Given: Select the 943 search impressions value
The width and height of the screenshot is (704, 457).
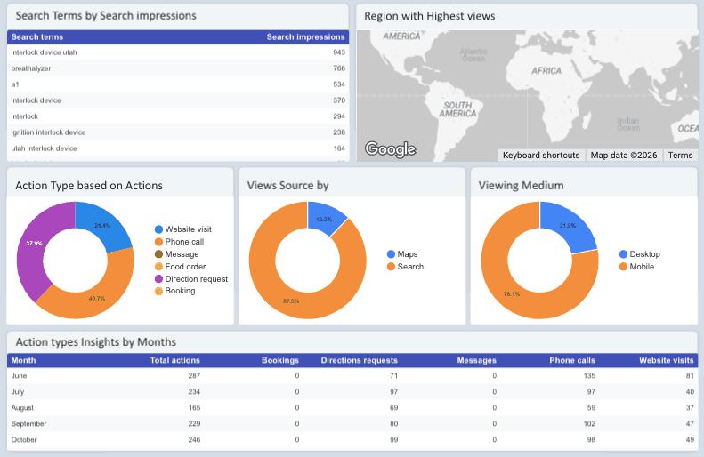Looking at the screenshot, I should tap(338, 52).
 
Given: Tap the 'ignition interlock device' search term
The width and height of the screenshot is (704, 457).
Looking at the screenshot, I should tap(48, 132).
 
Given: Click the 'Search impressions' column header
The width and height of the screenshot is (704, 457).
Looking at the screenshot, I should tap(305, 37).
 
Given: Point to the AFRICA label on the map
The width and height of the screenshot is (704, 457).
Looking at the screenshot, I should tap(546, 69).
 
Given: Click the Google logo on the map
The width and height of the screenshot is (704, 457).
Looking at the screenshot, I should tap(390, 149).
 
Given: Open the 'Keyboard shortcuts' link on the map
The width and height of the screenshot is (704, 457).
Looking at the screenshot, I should tap(541, 156).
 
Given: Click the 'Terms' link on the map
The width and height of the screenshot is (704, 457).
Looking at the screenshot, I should tap(680, 156).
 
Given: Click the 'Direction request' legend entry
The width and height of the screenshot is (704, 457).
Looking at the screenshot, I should tap(196, 279).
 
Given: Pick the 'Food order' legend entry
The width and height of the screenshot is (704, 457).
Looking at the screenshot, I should tap(184, 267).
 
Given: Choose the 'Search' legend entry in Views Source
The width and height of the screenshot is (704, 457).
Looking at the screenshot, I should tap(410, 267).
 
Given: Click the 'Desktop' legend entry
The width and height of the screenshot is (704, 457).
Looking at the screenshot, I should tap(644, 254).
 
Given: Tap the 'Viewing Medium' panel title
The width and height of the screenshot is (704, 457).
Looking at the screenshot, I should tap(521, 186).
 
